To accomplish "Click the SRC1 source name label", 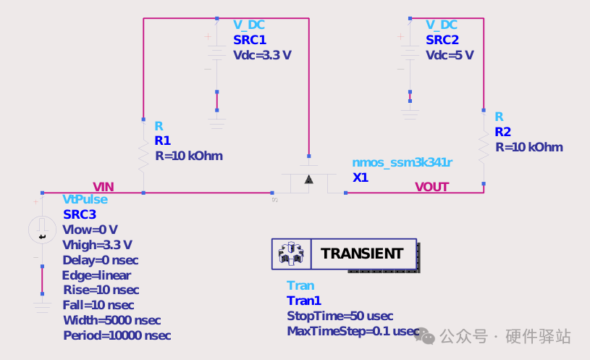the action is pyautogui.click(x=250, y=40).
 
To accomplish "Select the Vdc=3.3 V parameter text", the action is pyautogui.click(x=262, y=55).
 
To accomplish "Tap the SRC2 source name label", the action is pyautogui.click(x=442, y=40).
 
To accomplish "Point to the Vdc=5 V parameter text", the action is pyautogui.click(x=450, y=55).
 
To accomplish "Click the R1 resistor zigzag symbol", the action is pyautogui.click(x=143, y=156).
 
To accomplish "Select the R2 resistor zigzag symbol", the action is pyautogui.click(x=484, y=147).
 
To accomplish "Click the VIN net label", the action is pyautogui.click(x=104, y=187).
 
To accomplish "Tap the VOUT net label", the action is pyautogui.click(x=432, y=187).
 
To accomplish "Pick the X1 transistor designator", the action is pyautogui.click(x=361, y=177).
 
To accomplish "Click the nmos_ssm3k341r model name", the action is pyautogui.click(x=403, y=162).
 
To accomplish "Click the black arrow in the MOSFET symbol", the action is pyautogui.click(x=309, y=179).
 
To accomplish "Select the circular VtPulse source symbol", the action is pyautogui.click(x=42, y=230).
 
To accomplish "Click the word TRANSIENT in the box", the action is pyautogui.click(x=362, y=254).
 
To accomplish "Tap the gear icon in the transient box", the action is pyautogui.click(x=291, y=254).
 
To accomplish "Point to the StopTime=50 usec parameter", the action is pyautogui.click(x=340, y=316).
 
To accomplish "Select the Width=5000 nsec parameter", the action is pyautogui.click(x=112, y=320).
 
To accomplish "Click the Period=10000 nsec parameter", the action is pyautogui.click(x=117, y=335).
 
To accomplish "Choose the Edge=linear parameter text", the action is pyautogui.click(x=96, y=275).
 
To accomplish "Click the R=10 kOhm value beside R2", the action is pyautogui.click(x=529, y=147).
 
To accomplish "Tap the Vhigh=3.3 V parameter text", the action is pyautogui.click(x=97, y=245).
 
